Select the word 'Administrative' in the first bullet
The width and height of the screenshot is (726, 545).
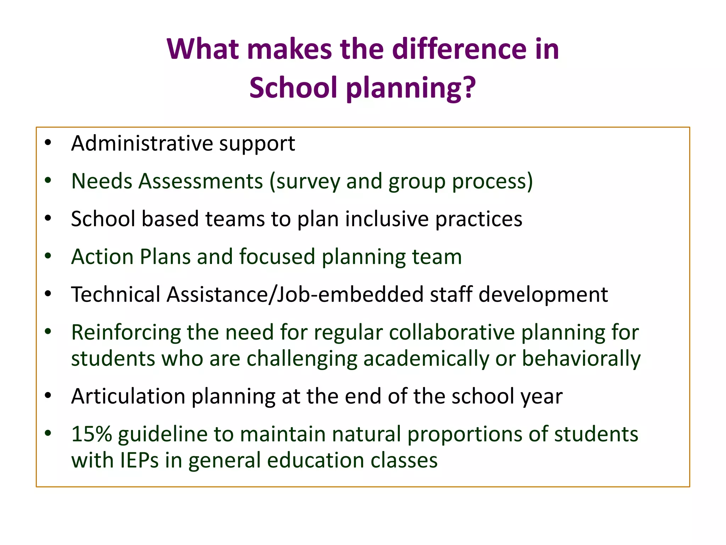[142, 143]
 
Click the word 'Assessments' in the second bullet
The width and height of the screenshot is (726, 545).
[201, 181]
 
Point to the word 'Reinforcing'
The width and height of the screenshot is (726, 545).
[126, 333]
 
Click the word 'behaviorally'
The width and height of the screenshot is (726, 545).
[581, 359]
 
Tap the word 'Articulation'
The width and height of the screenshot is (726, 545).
[128, 396]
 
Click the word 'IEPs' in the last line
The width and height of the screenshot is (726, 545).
[139, 460]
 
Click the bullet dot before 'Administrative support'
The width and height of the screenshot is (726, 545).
[48, 143]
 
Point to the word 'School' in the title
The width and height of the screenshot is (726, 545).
[293, 87]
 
